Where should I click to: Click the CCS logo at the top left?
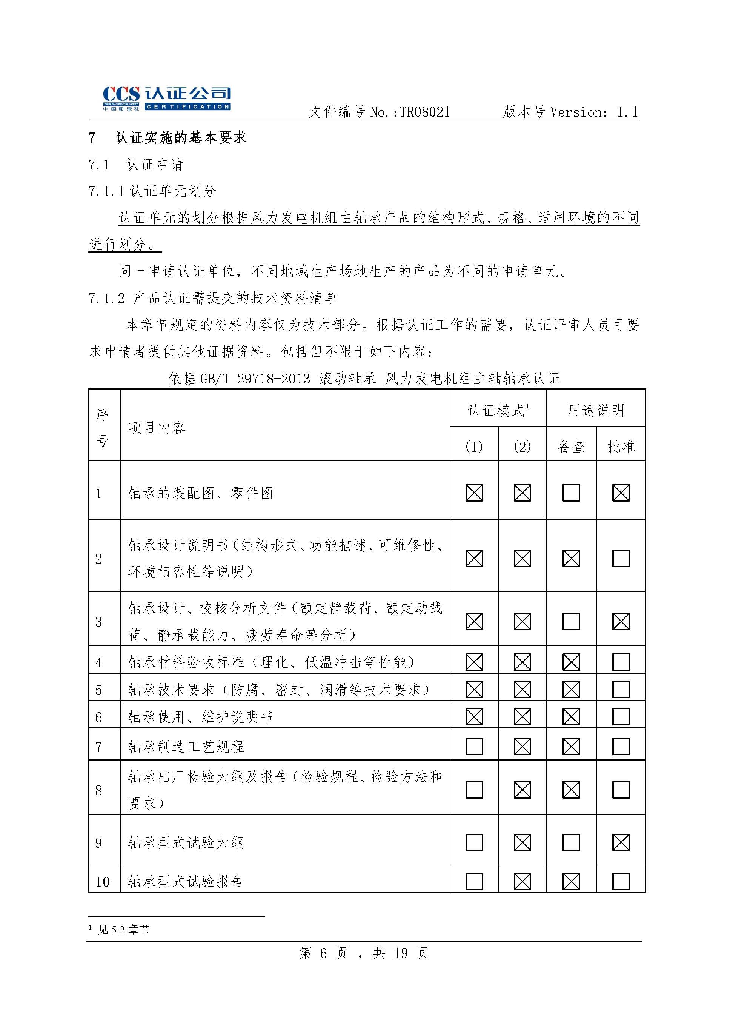[x=166, y=99]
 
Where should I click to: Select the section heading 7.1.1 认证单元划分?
[x=152, y=191]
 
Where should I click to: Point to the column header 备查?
[x=571, y=447]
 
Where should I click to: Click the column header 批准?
[x=621, y=447]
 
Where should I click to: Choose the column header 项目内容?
[x=157, y=427]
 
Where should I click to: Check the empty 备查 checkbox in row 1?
[x=571, y=493]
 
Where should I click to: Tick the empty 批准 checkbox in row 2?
[x=621, y=559]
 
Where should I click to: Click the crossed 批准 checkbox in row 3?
[x=621, y=622]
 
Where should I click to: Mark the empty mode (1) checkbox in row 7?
[x=474, y=747]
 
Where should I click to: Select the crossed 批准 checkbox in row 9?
[x=621, y=842]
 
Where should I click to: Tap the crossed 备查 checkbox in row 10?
[x=571, y=881]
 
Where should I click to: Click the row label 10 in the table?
[x=103, y=882]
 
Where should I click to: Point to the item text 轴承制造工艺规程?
[x=186, y=747]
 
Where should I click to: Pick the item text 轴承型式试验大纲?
[x=186, y=842]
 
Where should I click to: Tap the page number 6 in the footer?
[x=323, y=953]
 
